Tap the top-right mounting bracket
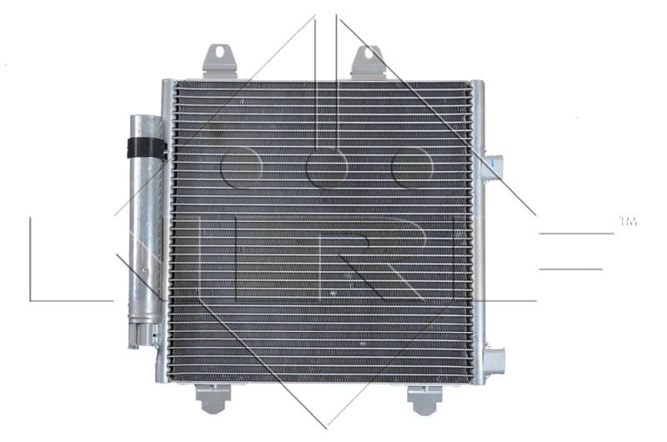point(367,62)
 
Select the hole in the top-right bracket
point(366,55)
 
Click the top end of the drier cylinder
point(145,120)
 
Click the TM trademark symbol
point(627,222)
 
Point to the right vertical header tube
point(476,234)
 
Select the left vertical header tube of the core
point(168,234)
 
